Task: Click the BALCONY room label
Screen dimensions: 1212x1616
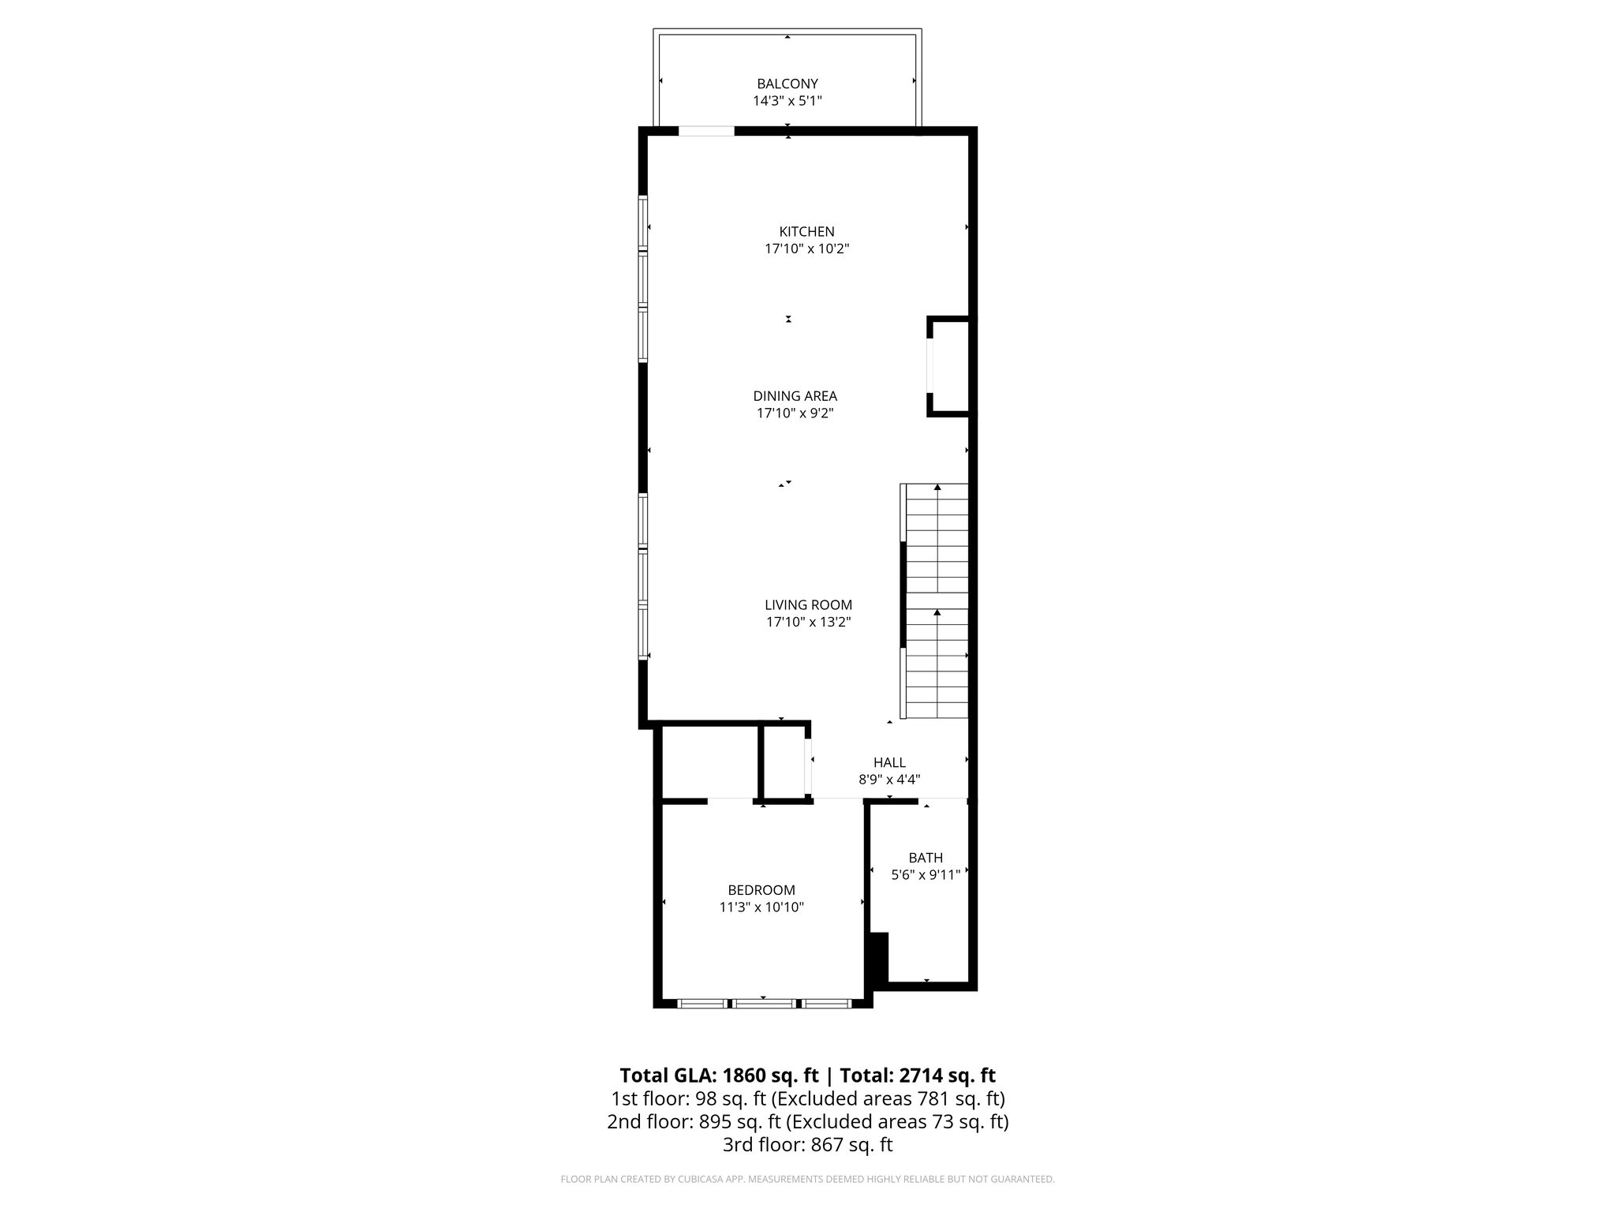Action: [787, 84]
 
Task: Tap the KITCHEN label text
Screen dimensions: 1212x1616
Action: [806, 232]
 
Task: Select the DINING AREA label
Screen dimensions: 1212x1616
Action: [795, 396]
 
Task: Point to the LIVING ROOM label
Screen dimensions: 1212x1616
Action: [808, 605]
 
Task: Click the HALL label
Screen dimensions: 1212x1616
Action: [889, 762]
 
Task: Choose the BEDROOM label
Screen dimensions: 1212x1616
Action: [761, 890]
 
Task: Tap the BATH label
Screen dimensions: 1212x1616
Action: [926, 858]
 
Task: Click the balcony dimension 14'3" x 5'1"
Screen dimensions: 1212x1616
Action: [787, 101]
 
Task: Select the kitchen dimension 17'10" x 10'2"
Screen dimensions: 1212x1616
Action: [806, 249]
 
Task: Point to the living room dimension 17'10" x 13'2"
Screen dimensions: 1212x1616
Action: [808, 622]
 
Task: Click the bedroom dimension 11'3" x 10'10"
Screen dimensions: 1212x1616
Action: [761, 907]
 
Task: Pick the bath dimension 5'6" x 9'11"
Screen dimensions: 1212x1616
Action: [926, 874]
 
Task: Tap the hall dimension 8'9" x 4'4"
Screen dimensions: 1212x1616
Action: [889, 780]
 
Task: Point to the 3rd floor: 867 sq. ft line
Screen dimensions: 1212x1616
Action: [807, 1145]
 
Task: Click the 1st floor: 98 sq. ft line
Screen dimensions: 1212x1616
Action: [807, 1098]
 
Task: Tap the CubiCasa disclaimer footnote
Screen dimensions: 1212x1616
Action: [807, 1179]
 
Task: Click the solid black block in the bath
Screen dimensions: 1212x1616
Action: [878, 956]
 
